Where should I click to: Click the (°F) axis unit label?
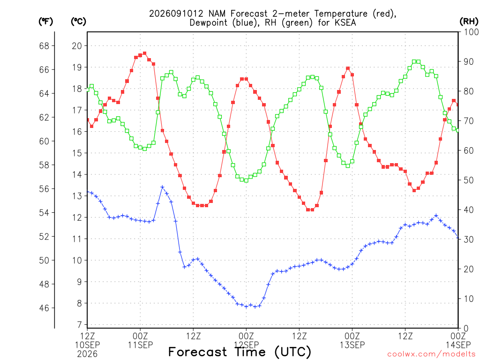45,22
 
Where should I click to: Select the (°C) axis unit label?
78,22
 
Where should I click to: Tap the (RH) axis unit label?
469,22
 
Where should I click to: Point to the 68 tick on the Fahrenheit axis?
44,46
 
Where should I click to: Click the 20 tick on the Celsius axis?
77,46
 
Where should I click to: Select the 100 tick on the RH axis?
471,32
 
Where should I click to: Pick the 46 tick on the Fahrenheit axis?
44,308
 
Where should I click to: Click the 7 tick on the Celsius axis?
80,324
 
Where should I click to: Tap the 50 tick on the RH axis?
469,180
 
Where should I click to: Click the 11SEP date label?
140,345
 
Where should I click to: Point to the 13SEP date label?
352,345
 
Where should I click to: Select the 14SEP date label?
458,345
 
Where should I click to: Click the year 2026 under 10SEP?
87,354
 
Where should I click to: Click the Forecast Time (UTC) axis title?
240,352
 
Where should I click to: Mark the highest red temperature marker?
144,53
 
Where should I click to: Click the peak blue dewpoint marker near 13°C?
162,187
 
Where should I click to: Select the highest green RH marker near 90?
414,61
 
